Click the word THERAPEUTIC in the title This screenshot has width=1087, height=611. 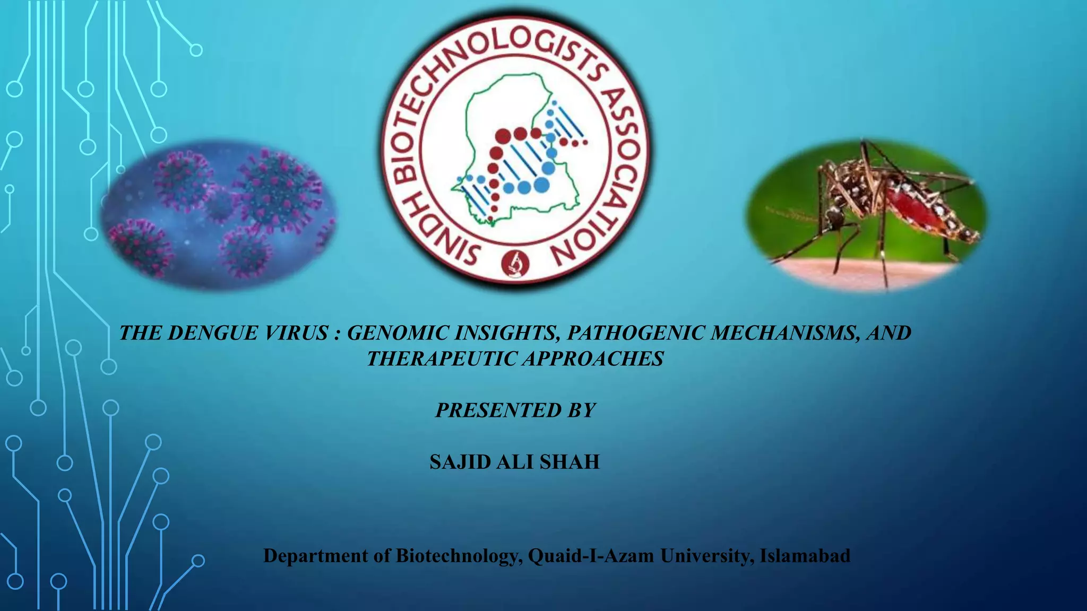click(x=442, y=359)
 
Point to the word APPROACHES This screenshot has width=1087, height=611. click(x=593, y=359)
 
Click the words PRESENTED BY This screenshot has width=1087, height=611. click(x=515, y=411)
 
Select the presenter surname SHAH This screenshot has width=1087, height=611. click(x=570, y=462)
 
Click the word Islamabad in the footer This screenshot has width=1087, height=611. click(x=805, y=556)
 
